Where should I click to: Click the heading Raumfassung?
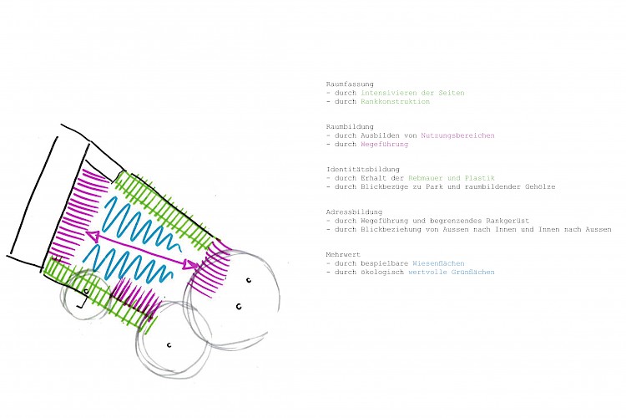[344, 84]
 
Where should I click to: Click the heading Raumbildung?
[344, 125]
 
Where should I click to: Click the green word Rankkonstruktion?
[396, 101]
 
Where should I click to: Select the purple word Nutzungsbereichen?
[457, 135]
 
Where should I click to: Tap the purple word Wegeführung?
[384, 144]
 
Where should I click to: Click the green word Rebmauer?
[427, 178]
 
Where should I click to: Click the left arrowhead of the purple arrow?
[91, 235]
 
